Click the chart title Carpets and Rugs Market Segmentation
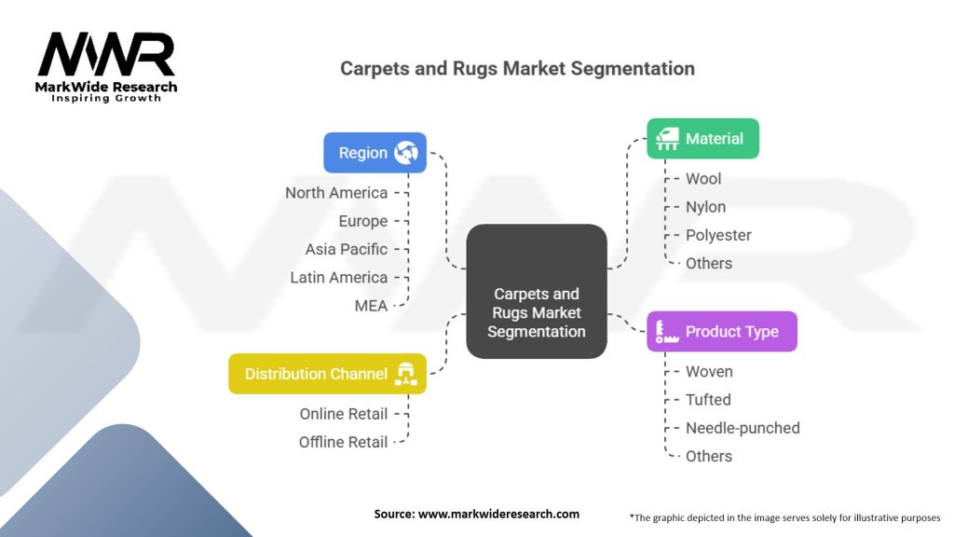pyautogui.click(x=517, y=68)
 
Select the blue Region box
pyautogui.click(x=375, y=152)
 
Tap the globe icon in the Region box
pyautogui.click(x=406, y=152)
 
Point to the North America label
pyautogui.click(x=336, y=193)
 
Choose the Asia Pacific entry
pyautogui.click(x=347, y=249)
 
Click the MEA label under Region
pyautogui.click(x=371, y=306)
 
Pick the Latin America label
pyautogui.click(x=339, y=278)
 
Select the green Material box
pyautogui.click(x=702, y=138)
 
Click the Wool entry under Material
pyautogui.click(x=703, y=179)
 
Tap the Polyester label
pyautogui.click(x=718, y=235)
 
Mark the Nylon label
pyautogui.click(x=706, y=207)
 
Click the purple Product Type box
pyautogui.click(x=722, y=331)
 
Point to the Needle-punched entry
pyautogui.click(x=743, y=428)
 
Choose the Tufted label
pyautogui.click(x=708, y=400)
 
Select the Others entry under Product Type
pyautogui.click(x=709, y=456)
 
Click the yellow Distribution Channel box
pyautogui.click(x=327, y=373)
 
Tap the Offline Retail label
pyautogui.click(x=343, y=442)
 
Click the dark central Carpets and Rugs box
pyautogui.click(x=536, y=291)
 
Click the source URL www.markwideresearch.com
pyautogui.click(x=499, y=514)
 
